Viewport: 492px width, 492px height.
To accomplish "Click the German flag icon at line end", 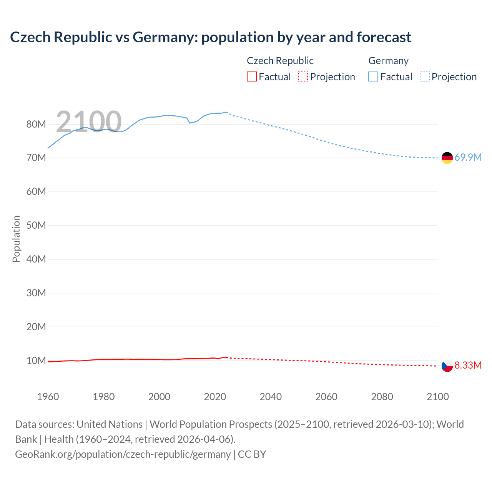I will click(447, 158).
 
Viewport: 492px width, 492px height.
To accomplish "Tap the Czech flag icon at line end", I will click(447, 366).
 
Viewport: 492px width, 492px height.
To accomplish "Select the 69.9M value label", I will click(468, 157).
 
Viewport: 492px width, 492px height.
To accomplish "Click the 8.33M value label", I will click(468, 365).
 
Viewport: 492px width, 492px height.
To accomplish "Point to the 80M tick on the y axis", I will click(36, 124).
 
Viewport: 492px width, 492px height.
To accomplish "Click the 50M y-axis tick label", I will click(36, 225).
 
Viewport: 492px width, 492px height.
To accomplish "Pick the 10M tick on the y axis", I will click(36, 361).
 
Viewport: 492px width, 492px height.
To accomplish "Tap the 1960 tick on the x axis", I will click(48, 397).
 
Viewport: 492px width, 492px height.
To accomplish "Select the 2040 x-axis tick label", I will click(271, 397).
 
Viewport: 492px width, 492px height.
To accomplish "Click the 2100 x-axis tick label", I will click(437, 397).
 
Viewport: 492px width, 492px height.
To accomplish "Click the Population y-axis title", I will click(16, 239).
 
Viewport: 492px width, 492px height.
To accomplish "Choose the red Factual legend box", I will click(251, 77).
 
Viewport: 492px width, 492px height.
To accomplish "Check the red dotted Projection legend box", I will click(303, 77).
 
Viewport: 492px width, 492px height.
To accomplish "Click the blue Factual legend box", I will click(373, 77).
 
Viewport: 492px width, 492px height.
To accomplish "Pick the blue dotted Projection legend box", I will click(424, 77).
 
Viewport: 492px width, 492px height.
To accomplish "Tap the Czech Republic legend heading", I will click(280, 61).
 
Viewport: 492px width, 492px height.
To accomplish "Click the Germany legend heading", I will click(388, 61).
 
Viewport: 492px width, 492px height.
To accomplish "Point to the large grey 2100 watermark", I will click(89, 121).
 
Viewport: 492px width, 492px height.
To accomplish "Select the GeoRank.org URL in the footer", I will click(123, 454).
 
